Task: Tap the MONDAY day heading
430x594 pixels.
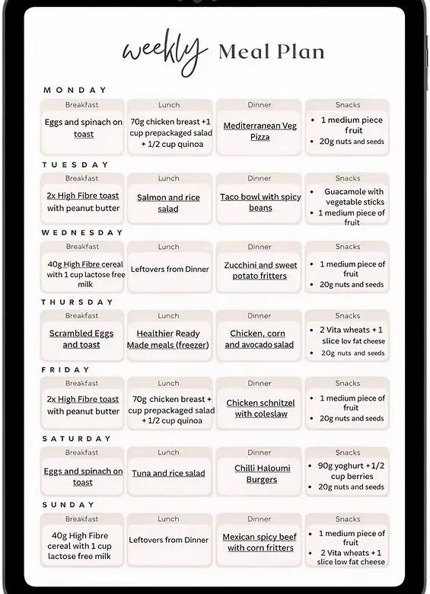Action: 75,91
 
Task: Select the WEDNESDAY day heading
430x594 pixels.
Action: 82,233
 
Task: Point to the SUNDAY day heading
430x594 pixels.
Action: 68,505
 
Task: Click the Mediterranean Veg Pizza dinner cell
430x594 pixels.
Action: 260,131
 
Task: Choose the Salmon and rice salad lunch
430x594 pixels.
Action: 168,203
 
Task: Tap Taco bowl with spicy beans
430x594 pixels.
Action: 260,202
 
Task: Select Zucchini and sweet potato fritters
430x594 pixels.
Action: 260,270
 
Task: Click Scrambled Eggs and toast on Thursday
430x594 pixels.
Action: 81,339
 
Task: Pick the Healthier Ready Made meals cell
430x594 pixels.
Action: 168,339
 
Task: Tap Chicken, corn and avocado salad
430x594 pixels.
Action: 259,339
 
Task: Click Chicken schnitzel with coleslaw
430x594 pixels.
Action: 260,408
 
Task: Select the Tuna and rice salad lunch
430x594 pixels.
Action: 168,473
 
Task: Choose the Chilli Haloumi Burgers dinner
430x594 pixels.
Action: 261,474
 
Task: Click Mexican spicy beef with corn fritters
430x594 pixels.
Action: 260,542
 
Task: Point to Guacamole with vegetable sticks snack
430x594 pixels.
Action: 354,197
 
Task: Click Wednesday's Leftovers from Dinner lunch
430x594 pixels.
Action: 170,269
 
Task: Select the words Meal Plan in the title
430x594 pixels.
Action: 271,52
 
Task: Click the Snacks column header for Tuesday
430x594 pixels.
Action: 348,178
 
